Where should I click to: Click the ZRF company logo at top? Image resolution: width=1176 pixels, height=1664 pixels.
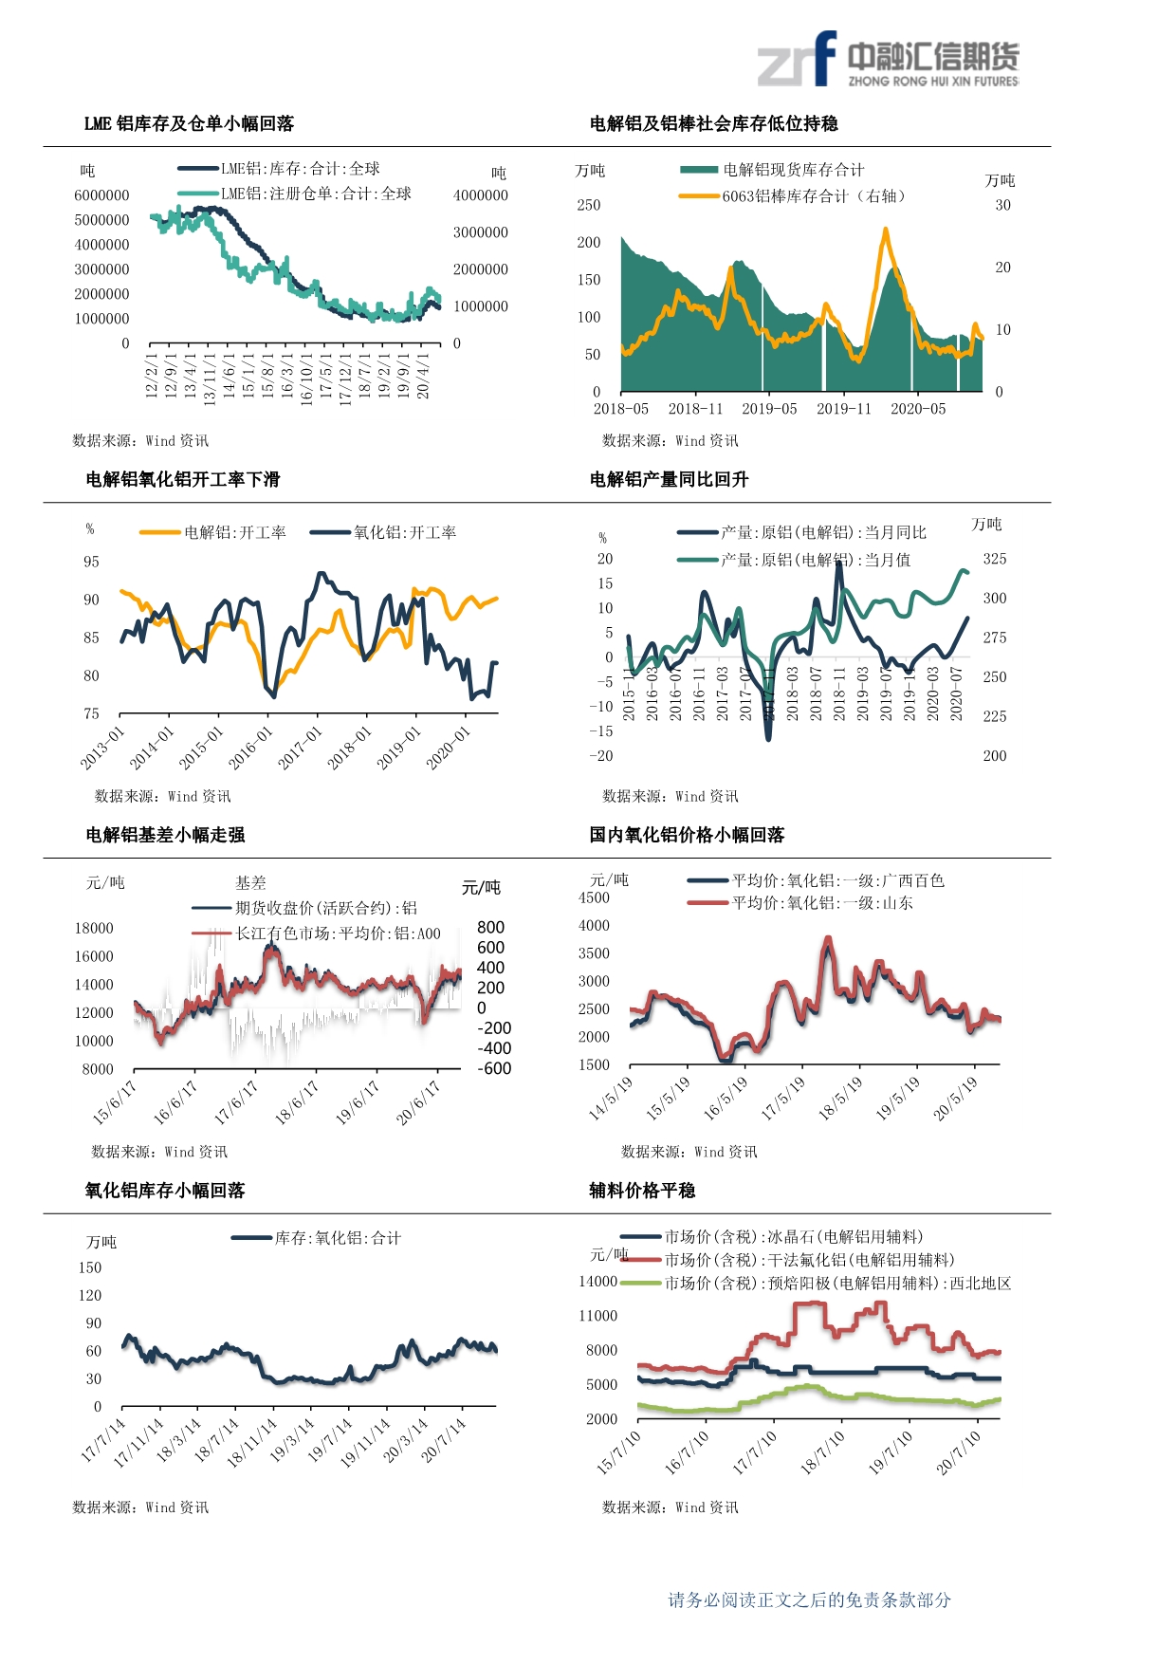coord(888,60)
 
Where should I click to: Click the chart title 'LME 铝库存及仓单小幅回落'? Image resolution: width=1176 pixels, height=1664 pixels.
coord(189,123)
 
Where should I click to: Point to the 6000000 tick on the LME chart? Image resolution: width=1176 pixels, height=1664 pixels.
coord(101,195)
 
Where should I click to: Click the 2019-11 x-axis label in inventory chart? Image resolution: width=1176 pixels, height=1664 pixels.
coord(843,409)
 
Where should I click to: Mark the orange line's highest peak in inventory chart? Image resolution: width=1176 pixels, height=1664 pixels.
coord(885,230)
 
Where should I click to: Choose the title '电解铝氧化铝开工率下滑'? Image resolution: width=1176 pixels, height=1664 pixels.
coord(183,479)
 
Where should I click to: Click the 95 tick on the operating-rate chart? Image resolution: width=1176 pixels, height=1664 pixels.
coord(91,562)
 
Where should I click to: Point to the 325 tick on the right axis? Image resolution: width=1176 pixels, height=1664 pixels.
coord(995,559)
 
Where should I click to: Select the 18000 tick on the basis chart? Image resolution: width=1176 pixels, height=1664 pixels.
coord(94,928)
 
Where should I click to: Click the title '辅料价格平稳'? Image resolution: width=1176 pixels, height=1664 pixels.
coord(642,1191)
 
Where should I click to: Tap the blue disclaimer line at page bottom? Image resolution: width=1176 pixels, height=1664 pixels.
coord(809,1600)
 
